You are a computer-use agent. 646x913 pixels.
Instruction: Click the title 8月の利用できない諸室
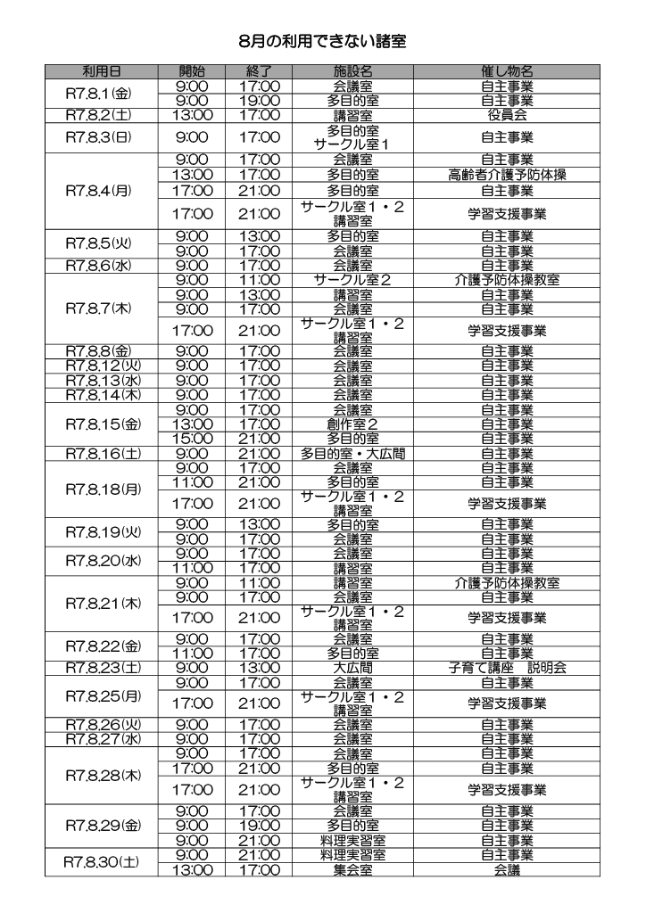point(323,42)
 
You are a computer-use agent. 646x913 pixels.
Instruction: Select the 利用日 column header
point(102,71)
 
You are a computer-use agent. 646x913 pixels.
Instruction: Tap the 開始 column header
point(191,71)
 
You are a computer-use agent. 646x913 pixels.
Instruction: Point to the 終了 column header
point(259,71)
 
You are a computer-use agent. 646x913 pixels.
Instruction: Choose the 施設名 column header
point(352,71)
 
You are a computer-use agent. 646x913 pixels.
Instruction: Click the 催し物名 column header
point(506,71)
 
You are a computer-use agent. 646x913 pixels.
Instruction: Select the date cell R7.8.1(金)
point(102,93)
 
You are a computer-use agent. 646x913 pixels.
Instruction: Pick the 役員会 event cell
point(506,115)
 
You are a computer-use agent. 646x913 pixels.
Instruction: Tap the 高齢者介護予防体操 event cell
point(506,175)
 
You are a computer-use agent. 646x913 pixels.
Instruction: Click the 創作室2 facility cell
point(352,424)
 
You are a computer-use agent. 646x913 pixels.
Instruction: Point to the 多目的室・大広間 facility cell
point(352,454)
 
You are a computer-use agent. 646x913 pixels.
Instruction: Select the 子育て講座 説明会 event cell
point(506,668)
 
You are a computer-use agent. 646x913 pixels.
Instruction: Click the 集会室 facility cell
point(352,869)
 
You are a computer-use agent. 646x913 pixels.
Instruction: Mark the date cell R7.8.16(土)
point(102,454)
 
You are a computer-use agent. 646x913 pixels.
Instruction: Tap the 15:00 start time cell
point(191,439)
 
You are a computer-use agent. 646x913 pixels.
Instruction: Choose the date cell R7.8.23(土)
point(102,668)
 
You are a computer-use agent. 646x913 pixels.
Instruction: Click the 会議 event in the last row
point(506,869)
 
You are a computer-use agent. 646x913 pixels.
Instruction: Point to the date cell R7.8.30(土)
point(102,862)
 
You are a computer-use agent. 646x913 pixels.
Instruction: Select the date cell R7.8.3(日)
point(102,137)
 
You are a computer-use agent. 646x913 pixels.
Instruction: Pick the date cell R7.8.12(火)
point(102,366)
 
